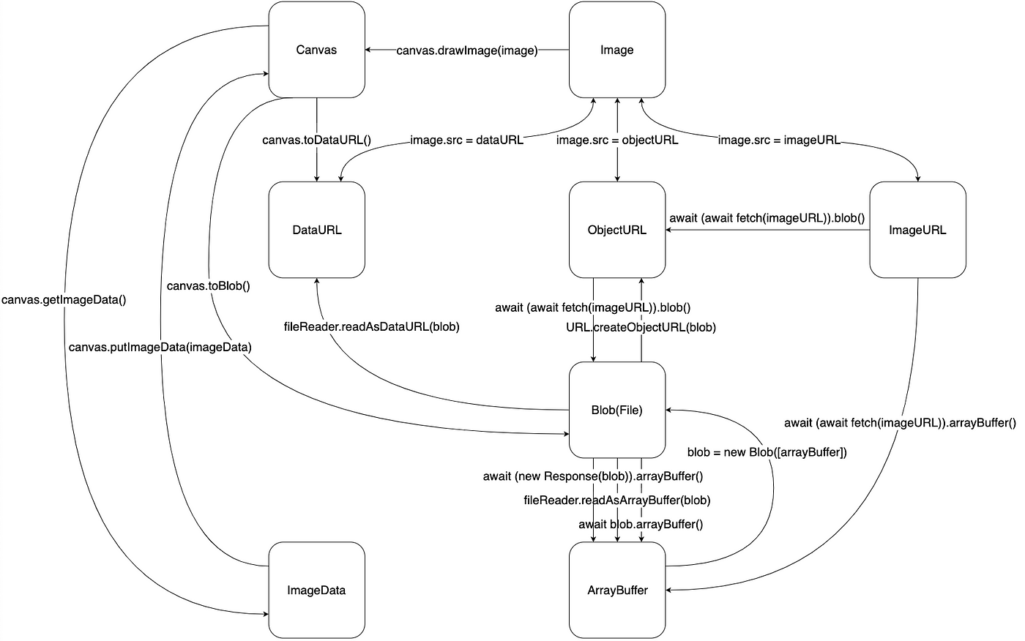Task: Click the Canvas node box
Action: click(x=316, y=49)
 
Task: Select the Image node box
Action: click(x=617, y=49)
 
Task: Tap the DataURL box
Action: click(x=316, y=230)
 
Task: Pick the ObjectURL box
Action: click(x=617, y=230)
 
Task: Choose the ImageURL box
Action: click(x=918, y=230)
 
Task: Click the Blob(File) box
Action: click(x=617, y=410)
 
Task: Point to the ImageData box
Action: click(x=316, y=590)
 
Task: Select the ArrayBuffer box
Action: click(x=617, y=590)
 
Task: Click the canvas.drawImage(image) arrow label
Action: click(x=467, y=50)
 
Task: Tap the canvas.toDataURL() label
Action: click(x=316, y=140)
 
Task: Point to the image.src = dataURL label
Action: click(x=467, y=140)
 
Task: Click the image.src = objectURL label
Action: click(x=617, y=140)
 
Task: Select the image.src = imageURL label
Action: click(x=779, y=140)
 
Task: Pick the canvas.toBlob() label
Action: click(x=208, y=286)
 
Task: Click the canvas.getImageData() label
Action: click(x=64, y=300)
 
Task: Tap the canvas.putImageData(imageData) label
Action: click(x=160, y=348)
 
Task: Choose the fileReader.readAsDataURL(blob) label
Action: click(x=372, y=327)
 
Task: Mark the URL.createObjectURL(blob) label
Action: click(x=641, y=327)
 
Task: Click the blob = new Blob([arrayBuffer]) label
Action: click(x=767, y=453)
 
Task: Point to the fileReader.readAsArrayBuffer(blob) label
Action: click(x=617, y=501)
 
